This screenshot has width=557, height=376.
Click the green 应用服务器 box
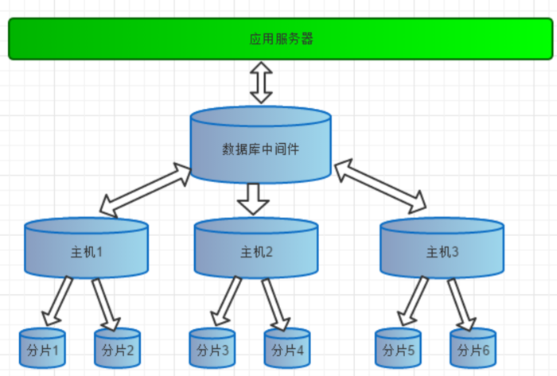click(280, 38)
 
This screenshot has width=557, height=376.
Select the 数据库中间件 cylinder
click(260, 147)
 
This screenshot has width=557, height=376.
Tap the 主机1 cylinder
click(87, 250)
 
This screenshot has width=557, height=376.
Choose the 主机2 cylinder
click(256, 250)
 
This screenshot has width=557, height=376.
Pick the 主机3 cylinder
click(442, 250)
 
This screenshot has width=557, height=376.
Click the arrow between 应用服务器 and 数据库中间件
click(261, 83)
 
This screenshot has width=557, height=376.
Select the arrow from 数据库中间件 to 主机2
click(254, 199)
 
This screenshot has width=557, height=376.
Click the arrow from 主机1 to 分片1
click(57, 302)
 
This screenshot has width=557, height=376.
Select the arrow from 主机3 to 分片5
click(414, 302)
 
